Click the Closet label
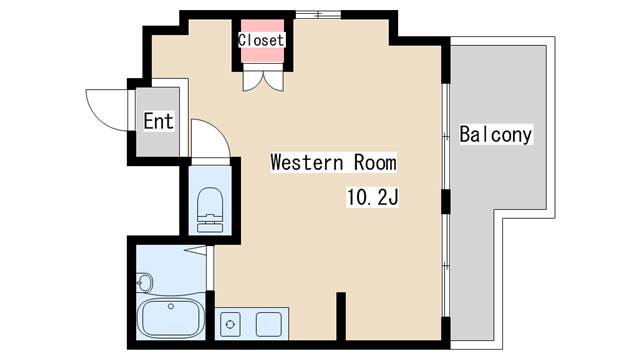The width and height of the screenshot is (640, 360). [x=261, y=40]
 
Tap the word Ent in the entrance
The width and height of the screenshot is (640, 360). [x=158, y=121]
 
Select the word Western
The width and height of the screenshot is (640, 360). [x=307, y=162]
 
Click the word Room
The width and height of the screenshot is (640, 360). [x=375, y=162]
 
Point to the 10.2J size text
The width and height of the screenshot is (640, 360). [x=372, y=198]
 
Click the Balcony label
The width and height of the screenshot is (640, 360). [x=496, y=134]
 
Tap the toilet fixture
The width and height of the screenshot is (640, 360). [x=210, y=210]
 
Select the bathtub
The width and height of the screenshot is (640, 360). [x=171, y=318]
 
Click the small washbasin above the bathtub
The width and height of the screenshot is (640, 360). [x=144, y=282]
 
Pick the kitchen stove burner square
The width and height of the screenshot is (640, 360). [x=230, y=324]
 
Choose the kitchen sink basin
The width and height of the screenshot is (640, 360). [x=269, y=324]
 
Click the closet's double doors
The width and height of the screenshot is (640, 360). [x=263, y=80]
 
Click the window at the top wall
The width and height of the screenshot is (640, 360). [x=318, y=15]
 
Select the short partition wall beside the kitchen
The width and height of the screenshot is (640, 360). [x=341, y=315]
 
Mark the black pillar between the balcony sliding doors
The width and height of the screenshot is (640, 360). [x=446, y=201]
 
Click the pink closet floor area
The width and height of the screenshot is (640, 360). [x=262, y=41]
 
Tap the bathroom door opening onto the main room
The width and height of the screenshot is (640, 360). [x=209, y=268]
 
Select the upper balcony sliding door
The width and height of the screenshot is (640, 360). [x=446, y=136]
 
